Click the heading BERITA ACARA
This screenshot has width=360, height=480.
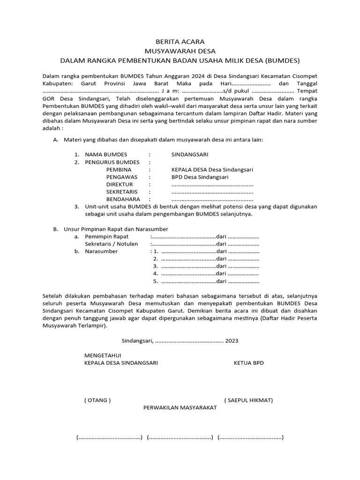[180, 42]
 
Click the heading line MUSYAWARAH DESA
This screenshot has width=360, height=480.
[180, 51]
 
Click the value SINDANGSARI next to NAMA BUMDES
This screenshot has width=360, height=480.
[190, 155]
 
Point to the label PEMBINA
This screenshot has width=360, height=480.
[119, 170]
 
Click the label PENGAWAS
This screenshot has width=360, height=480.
[121, 177]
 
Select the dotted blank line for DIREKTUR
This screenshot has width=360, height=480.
[212, 185]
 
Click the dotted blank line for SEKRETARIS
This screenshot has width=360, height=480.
[212, 192]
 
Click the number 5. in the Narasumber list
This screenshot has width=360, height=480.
[155, 281]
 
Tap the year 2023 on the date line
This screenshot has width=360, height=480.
[232, 341]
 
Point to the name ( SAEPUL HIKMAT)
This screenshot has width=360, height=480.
[248, 400]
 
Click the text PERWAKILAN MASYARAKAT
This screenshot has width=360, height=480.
[180, 408]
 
